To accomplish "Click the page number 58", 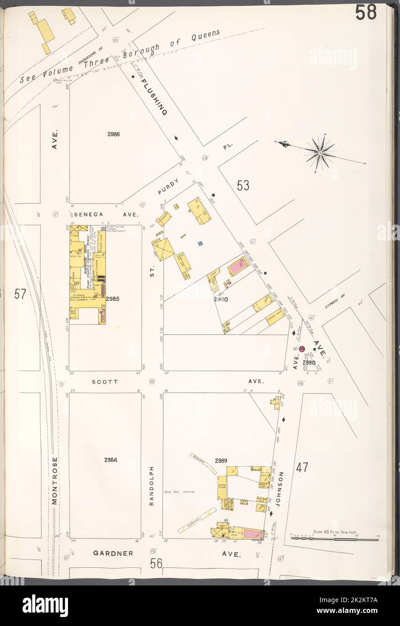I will pos(365,12).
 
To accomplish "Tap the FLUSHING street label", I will pos(153,97).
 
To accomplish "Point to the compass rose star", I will pos(320,153).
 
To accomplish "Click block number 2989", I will pos(221,460).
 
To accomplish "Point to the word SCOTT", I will pos(105,381).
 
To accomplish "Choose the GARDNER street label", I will pos(113,553).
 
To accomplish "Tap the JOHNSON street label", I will pos(281,489).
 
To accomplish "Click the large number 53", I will pos(243,185).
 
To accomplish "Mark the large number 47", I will pos(302,467).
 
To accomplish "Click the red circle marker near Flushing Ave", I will pos(302,349).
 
